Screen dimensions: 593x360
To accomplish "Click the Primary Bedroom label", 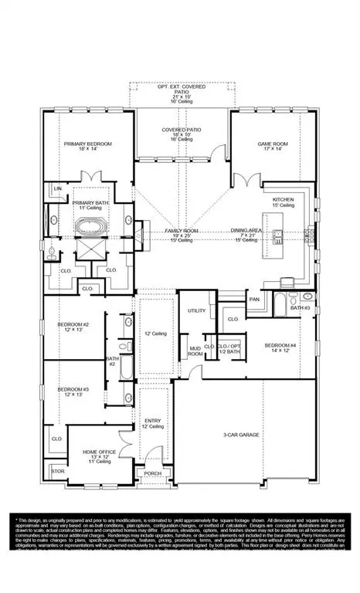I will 88,144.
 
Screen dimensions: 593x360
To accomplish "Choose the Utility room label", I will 196,310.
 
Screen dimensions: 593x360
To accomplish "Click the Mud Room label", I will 195,350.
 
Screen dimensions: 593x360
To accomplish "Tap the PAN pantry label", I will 254,299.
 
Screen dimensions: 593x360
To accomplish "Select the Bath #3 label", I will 300,308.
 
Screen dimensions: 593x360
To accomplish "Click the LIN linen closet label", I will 57,188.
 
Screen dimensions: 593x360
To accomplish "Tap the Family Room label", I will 180,231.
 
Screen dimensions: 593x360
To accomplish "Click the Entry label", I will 152,421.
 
